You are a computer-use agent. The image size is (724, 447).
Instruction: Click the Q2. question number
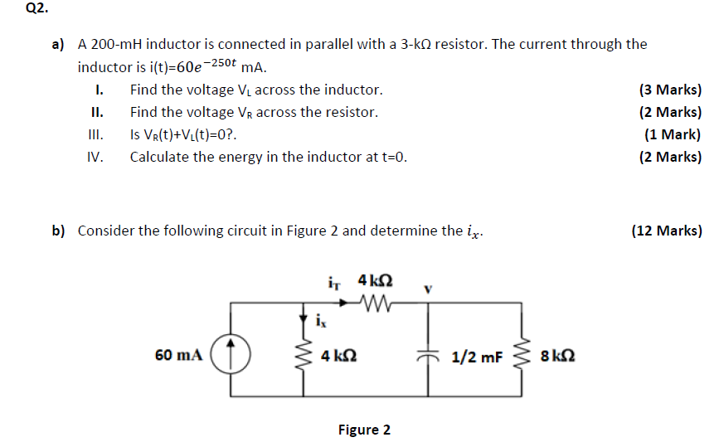pyautogui.click(x=14, y=11)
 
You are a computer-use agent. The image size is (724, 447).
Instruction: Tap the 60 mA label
pyautogui.click(x=178, y=356)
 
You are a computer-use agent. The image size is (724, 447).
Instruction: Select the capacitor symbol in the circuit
pyautogui.click(x=428, y=355)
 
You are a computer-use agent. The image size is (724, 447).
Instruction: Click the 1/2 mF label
pyautogui.click(x=477, y=357)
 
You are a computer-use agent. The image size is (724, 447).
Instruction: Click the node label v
pyautogui.click(x=428, y=289)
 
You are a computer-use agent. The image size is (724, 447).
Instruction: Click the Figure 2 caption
pyautogui.click(x=364, y=430)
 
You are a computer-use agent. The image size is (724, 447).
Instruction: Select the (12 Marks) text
pyautogui.click(x=666, y=231)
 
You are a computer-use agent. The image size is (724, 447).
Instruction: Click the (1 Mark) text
pyautogui.click(x=672, y=134)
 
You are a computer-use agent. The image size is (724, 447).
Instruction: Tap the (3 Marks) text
pyautogui.click(x=669, y=90)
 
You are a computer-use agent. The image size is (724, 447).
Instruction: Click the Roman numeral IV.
pyautogui.click(x=95, y=157)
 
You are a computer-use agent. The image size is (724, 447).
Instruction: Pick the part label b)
pyautogui.click(x=59, y=231)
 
